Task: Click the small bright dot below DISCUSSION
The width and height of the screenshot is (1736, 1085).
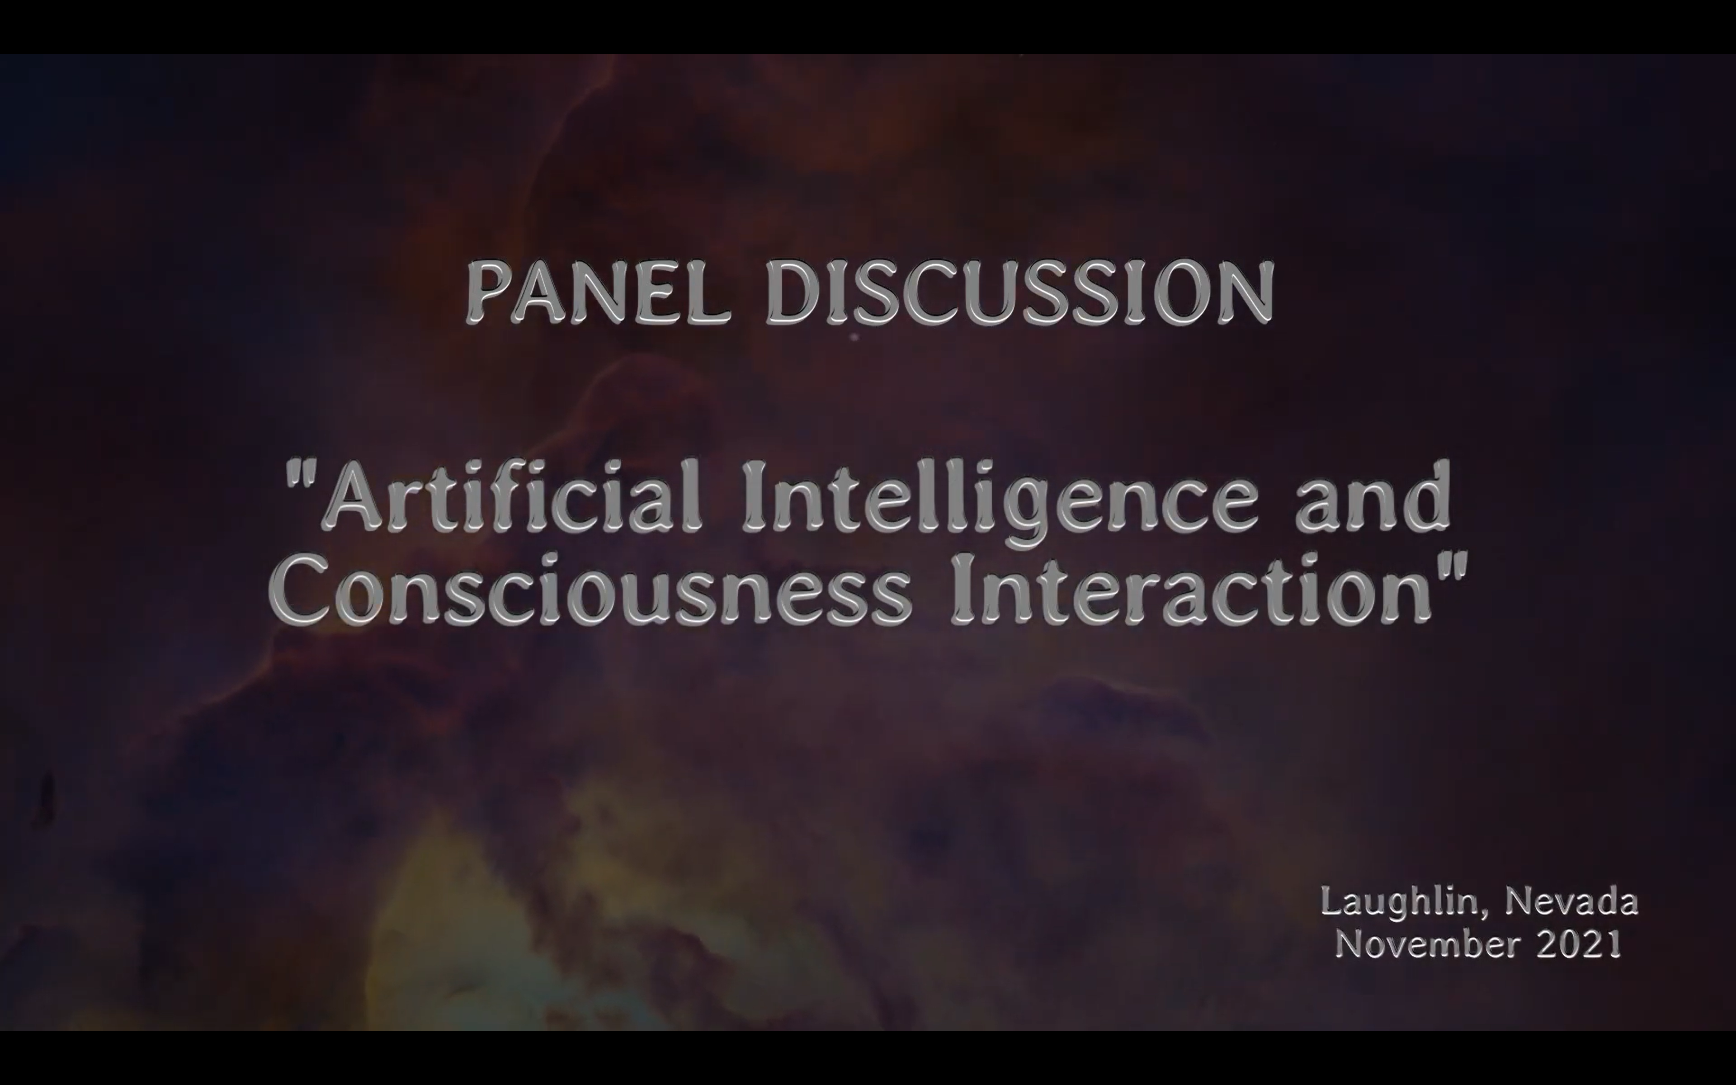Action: point(854,336)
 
